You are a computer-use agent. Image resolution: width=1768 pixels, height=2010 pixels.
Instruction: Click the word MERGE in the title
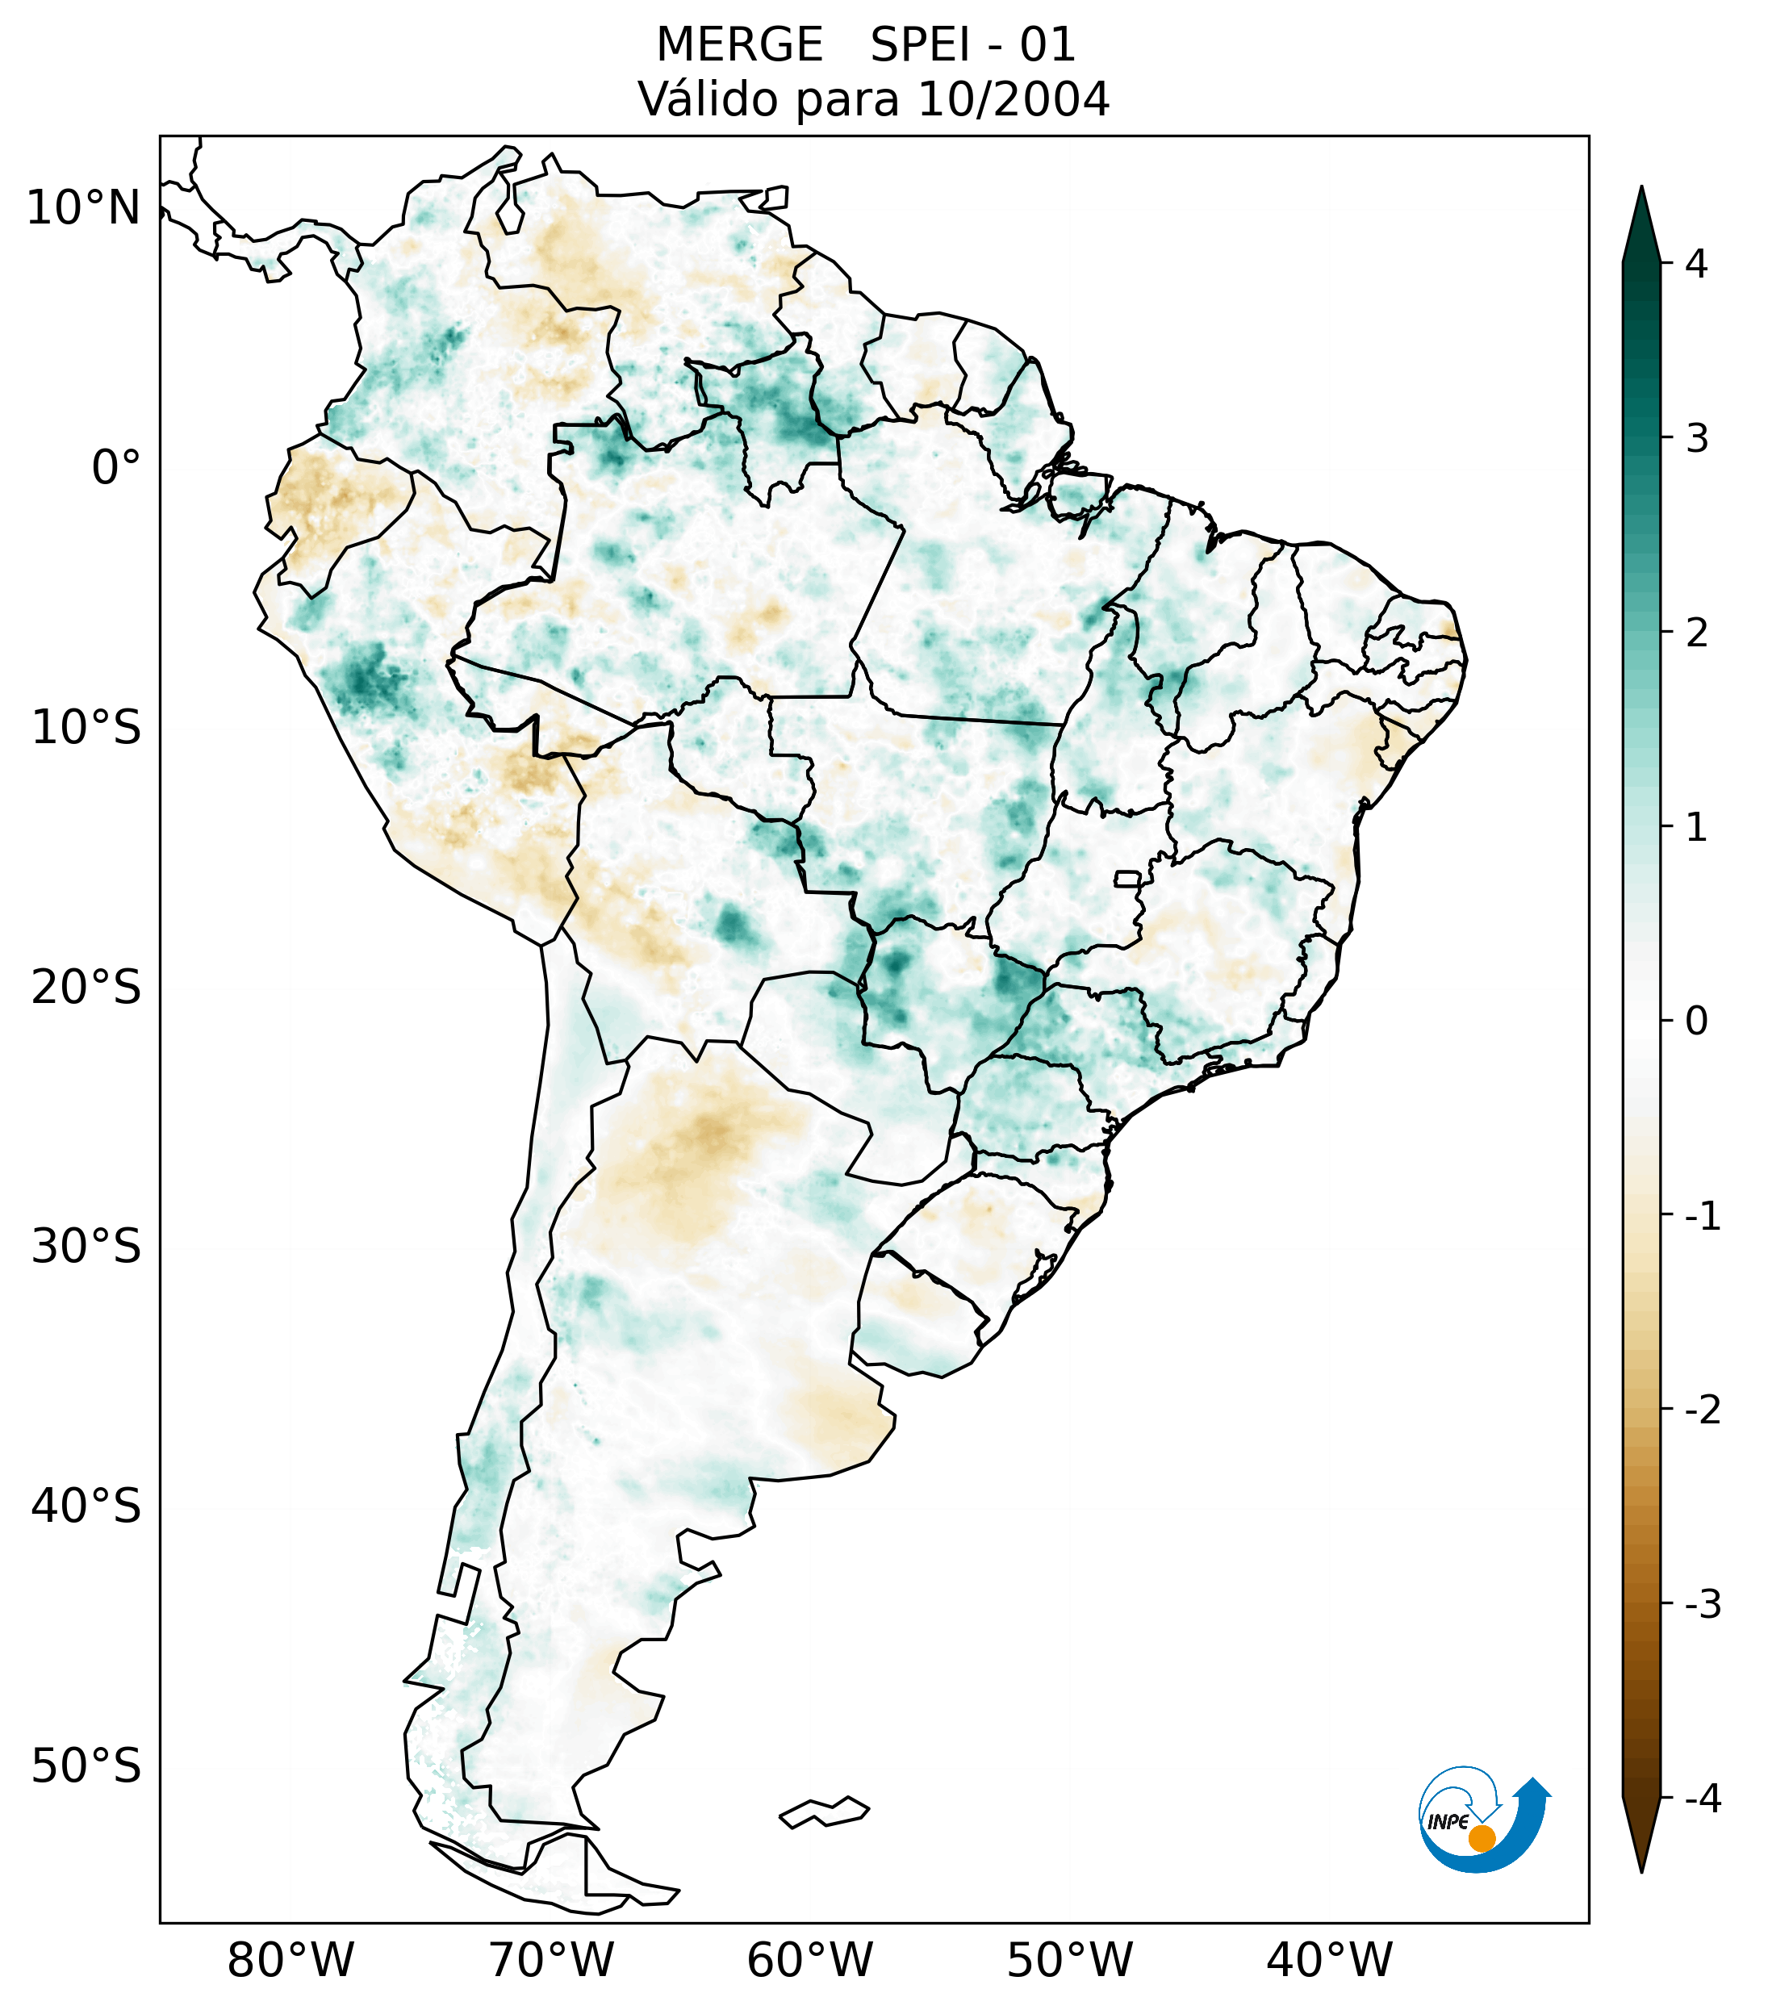pyautogui.click(x=738, y=45)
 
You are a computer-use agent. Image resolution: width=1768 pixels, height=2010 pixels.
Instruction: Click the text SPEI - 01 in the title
pyautogui.click(x=972, y=45)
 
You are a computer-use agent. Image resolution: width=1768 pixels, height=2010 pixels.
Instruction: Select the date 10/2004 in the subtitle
pyautogui.click(x=1013, y=99)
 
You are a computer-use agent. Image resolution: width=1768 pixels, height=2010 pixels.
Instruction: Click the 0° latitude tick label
pyautogui.click(x=116, y=468)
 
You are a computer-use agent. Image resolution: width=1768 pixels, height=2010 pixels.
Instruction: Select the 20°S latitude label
pyautogui.click(x=86, y=988)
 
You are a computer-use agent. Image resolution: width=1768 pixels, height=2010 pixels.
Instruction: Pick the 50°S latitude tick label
pyautogui.click(x=86, y=1767)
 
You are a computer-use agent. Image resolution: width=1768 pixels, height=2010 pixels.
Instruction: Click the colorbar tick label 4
pyautogui.click(x=1696, y=264)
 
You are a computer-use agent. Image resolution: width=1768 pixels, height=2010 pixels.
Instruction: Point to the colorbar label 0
pyautogui.click(x=1696, y=1022)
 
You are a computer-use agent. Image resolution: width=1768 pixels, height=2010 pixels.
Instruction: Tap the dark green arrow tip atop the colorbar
pyautogui.click(x=1641, y=221)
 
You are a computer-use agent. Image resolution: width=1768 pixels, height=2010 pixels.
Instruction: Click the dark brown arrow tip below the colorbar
pyautogui.click(x=1641, y=1834)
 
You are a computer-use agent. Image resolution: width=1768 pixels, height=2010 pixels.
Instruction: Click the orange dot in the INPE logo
pyautogui.click(x=1482, y=1839)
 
